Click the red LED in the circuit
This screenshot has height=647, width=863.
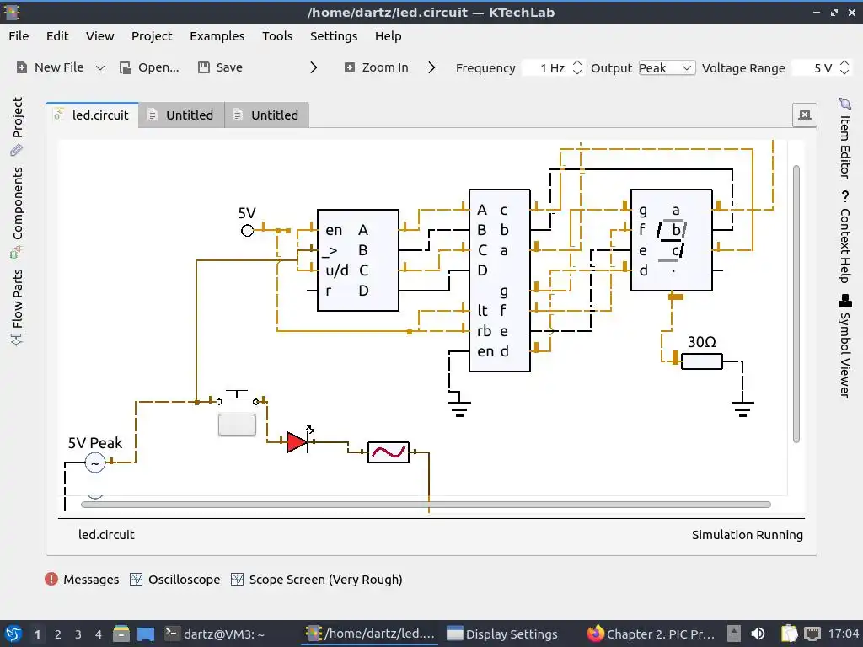pos(297,442)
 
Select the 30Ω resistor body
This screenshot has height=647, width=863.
pos(701,361)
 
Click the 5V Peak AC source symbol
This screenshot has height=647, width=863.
pos(95,463)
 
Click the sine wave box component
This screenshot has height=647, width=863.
pos(389,452)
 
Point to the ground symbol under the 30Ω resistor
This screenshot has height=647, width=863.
pos(742,409)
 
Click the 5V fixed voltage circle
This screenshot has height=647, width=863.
pos(247,230)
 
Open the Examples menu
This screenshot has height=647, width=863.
pos(217,36)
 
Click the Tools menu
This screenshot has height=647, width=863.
pos(277,36)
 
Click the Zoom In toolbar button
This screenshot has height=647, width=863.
pos(376,67)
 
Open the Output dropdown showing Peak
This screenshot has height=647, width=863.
pos(666,68)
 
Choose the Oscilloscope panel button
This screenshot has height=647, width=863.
pos(175,580)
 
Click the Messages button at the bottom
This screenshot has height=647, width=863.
pos(82,580)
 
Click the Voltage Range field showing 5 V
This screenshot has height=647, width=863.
pos(814,68)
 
